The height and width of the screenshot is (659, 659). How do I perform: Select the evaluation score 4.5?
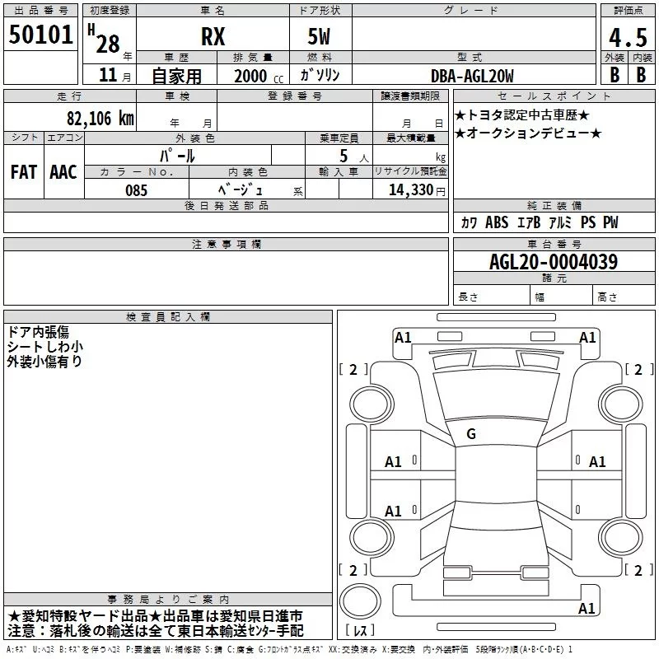[627, 37]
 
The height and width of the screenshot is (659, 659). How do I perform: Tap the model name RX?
[213, 37]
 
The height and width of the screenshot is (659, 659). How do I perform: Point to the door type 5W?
[320, 37]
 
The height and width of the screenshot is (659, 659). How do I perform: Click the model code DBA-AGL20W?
[473, 76]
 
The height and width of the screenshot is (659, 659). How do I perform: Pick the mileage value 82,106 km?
[100, 119]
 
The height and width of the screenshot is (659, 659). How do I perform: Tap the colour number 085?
[137, 189]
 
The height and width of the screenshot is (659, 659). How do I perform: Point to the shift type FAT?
[23, 172]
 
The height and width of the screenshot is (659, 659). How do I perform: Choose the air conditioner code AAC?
[63, 172]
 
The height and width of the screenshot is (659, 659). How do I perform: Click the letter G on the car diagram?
[471, 433]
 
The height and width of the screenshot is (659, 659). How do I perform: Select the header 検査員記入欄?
[168, 316]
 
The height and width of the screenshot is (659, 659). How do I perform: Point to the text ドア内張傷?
[38, 332]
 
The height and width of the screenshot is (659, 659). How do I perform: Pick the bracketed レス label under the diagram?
[360, 630]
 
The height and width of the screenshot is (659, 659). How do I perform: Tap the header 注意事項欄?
[226, 244]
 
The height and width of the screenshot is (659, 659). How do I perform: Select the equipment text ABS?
[497, 222]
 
